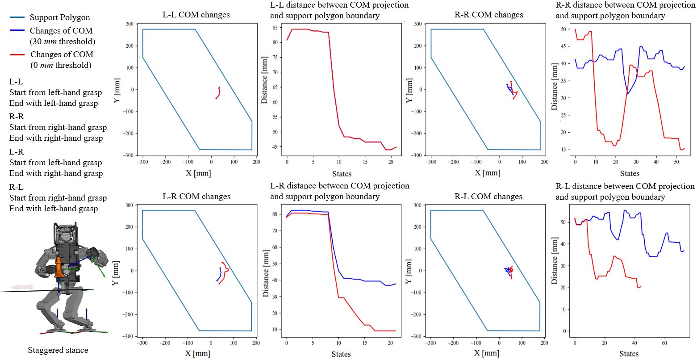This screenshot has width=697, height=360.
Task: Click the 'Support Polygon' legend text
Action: (x=59, y=17)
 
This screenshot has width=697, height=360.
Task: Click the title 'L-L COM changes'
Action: (x=196, y=15)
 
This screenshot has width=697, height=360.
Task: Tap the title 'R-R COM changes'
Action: (x=488, y=14)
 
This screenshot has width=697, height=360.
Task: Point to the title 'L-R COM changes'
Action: (x=196, y=197)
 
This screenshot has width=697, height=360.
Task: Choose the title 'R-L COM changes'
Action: (x=488, y=197)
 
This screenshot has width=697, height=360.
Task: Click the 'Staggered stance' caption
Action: (x=58, y=350)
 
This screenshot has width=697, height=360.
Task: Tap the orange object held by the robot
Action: (x=58, y=267)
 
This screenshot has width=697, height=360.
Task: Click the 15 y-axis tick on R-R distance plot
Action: (x=564, y=150)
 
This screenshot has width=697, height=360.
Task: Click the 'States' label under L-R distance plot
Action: (x=341, y=354)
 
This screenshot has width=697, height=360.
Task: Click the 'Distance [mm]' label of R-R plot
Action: (x=555, y=87)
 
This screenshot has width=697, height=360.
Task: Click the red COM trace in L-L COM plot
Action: (x=218, y=93)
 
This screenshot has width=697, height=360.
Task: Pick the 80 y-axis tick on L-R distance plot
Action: (x=276, y=214)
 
